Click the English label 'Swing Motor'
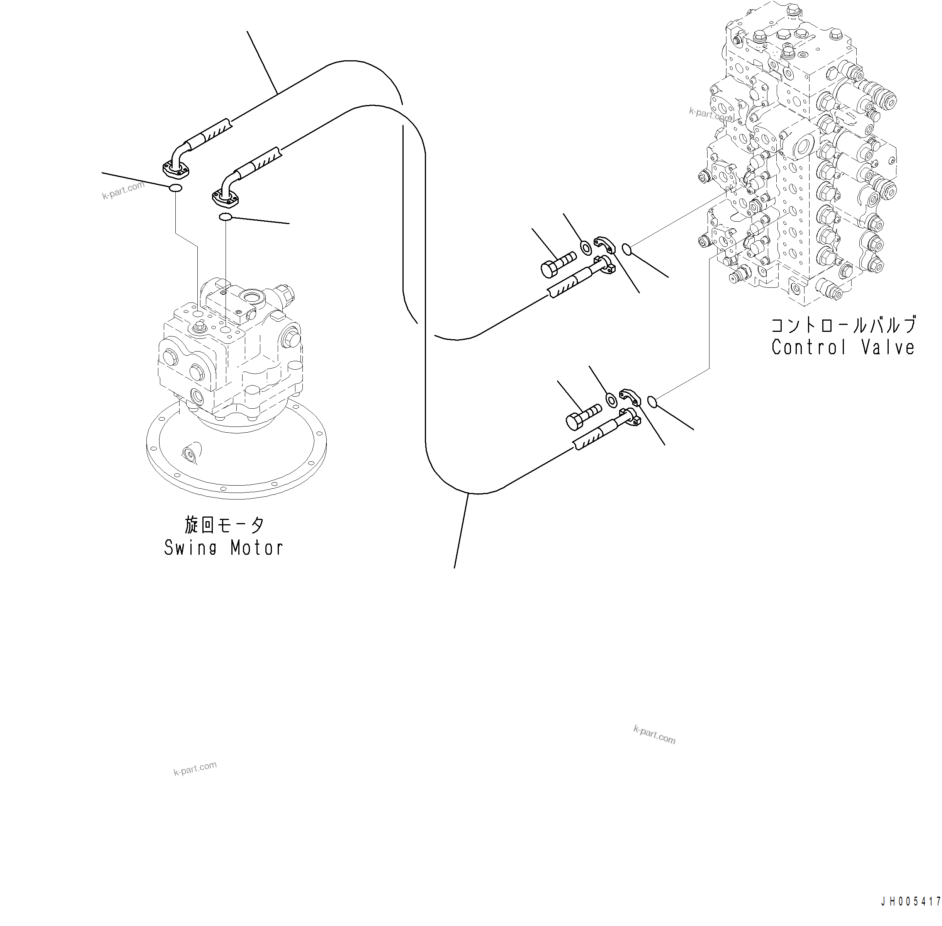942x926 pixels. pyautogui.click(x=224, y=548)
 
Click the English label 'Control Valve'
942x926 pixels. pyautogui.click(x=843, y=347)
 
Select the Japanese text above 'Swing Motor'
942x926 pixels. pyautogui.click(x=224, y=525)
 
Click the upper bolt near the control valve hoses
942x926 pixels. pyautogui.click(x=557, y=265)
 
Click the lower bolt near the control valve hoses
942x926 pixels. pyautogui.click(x=582, y=417)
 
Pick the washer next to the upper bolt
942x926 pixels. pyautogui.click(x=587, y=248)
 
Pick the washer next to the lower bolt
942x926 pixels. pyautogui.click(x=611, y=400)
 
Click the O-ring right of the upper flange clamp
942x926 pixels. pyautogui.click(x=627, y=250)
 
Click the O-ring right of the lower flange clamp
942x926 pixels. pyautogui.click(x=653, y=401)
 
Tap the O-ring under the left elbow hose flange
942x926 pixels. pyautogui.click(x=175, y=188)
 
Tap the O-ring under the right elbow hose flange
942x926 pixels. pyautogui.click(x=225, y=217)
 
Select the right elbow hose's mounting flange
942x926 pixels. pyautogui.click(x=226, y=197)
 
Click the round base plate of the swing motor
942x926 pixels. pyautogui.click(x=236, y=467)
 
